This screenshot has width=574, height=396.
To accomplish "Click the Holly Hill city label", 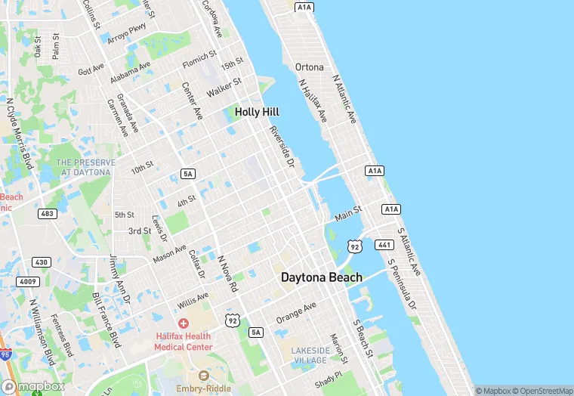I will click(257, 111).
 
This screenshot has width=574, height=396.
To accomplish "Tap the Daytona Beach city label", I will click(321, 277).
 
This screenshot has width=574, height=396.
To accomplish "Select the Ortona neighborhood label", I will click(309, 67).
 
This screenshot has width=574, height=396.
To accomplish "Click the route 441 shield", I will click(384, 245).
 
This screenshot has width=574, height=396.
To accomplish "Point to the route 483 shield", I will click(47, 214).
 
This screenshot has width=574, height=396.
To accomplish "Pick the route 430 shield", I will click(41, 261).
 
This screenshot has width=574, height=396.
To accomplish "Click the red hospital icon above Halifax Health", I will click(183, 323).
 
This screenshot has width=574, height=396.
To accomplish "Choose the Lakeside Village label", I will click(311, 356).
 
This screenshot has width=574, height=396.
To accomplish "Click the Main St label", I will click(348, 214).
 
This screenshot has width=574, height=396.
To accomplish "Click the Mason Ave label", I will click(170, 254).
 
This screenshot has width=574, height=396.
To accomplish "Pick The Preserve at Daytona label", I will click(85, 167).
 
